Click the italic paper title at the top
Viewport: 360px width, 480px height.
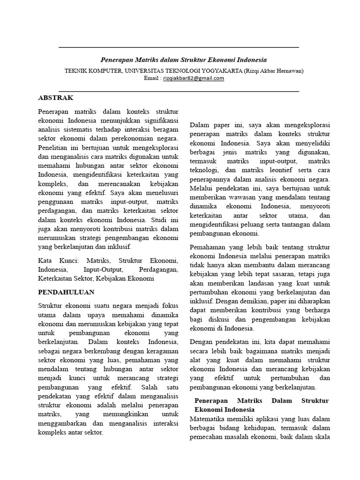184,60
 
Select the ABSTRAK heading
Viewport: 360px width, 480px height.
55,97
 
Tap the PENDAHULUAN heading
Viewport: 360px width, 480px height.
66,292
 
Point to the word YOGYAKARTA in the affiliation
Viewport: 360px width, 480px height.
218,71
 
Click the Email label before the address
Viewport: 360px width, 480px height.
151,78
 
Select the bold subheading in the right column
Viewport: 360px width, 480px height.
262,405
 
